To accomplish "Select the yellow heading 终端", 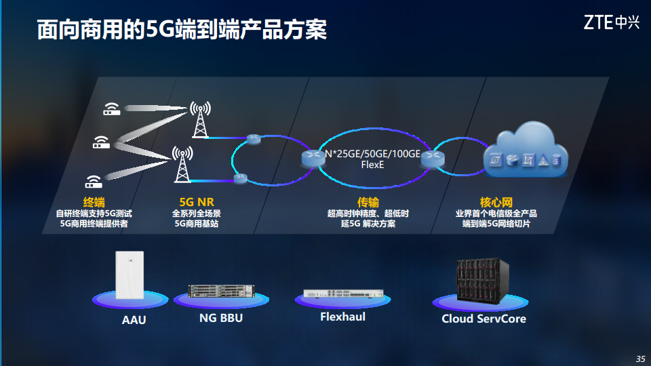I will [94, 202].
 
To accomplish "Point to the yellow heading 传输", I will [368, 202].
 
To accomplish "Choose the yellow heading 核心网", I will [496, 202].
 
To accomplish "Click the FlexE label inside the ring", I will [372, 165].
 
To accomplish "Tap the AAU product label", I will [134, 319].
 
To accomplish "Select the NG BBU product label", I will [220, 318].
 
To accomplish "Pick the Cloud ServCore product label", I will [484, 319].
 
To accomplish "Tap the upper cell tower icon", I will [200, 119].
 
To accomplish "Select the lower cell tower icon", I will [181, 164].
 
